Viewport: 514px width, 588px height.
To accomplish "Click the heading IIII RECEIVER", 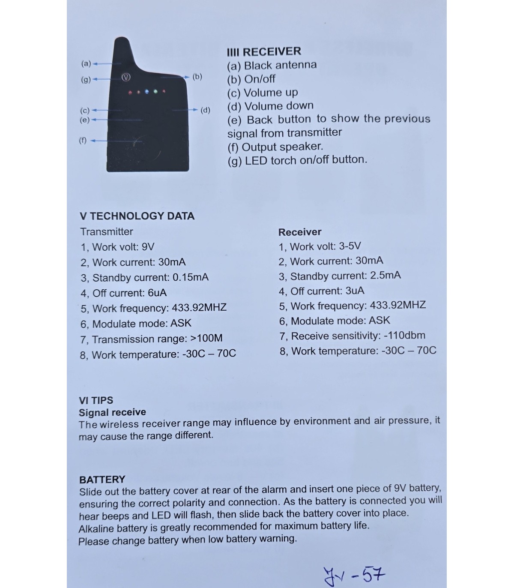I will pyautogui.click(x=264, y=52).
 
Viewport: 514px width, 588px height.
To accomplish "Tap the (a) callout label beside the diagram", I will pyautogui.click(x=86, y=64).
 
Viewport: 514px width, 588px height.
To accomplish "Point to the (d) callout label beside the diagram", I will pyautogui.click(x=206, y=110).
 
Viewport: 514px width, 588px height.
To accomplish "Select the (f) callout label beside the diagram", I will pyautogui.click(x=83, y=140).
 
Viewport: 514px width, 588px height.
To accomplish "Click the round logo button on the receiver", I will pyautogui.click(x=126, y=78).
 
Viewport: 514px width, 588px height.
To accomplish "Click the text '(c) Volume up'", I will pyautogui.click(x=262, y=93).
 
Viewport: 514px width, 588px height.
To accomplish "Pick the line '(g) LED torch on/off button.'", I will pyautogui.click(x=297, y=161).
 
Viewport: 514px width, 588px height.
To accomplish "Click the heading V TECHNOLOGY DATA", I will pyautogui.click(x=137, y=216).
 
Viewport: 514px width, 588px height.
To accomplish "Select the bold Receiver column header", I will pyautogui.click(x=300, y=232).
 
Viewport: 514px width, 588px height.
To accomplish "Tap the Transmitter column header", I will pyautogui.click(x=107, y=232).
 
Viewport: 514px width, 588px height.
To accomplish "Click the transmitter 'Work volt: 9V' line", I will pyautogui.click(x=117, y=247).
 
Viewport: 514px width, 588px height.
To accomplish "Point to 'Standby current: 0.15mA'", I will pyautogui.click(x=144, y=278).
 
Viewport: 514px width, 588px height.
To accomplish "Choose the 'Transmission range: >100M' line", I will pyautogui.click(x=151, y=339).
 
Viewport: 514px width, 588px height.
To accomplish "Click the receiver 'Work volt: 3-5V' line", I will pyautogui.click(x=320, y=246).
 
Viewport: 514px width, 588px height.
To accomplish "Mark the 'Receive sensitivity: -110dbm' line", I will pyautogui.click(x=352, y=336).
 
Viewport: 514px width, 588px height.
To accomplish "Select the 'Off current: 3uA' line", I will pyautogui.click(x=321, y=291).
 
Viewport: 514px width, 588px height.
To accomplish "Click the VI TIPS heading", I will pyautogui.click(x=96, y=400).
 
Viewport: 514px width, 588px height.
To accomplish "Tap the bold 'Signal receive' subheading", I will pyautogui.click(x=112, y=412).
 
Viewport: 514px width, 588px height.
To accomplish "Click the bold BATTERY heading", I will pyautogui.click(x=102, y=479).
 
